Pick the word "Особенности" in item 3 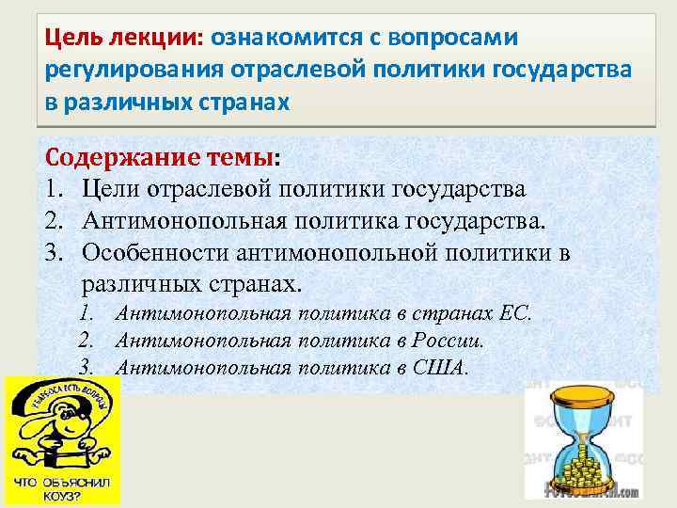(x=154, y=253)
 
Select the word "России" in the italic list (x=453, y=340)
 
